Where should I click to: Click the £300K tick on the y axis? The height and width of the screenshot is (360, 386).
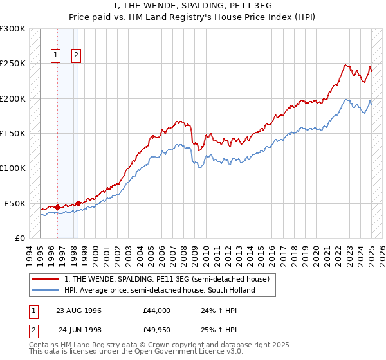13,29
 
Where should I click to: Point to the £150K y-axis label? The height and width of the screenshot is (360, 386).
13,134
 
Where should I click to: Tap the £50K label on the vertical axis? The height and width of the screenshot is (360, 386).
15,203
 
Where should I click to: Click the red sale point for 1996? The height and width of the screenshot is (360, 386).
57,207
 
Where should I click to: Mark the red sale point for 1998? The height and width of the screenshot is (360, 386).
78,203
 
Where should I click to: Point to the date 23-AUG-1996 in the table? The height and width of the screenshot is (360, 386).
78,310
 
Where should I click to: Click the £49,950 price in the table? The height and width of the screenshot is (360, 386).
157,330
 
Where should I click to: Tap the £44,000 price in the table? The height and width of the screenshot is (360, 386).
157,310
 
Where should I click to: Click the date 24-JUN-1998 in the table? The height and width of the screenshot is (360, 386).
80,330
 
